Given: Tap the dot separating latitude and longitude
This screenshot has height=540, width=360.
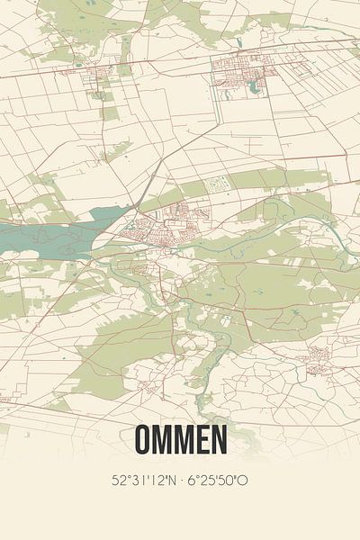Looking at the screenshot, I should click(x=183, y=481).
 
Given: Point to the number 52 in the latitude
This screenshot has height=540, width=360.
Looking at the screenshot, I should click(x=118, y=481).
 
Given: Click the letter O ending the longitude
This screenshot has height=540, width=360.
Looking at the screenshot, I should click(x=243, y=481).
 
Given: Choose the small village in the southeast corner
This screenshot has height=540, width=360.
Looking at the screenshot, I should click(x=317, y=360).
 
